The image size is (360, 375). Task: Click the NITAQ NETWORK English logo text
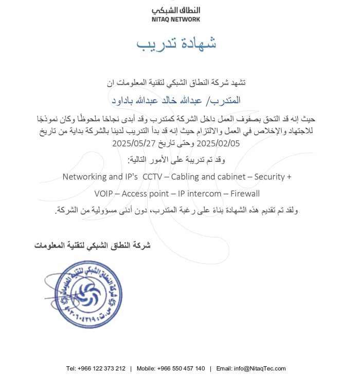[x=176, y=20]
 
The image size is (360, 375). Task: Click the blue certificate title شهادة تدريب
[x=176, y=44]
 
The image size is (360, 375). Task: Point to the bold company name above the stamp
[x=93, y=245]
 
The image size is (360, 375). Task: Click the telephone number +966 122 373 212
[x=102, y=368]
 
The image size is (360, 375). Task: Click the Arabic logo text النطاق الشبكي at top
[x=176, y=10]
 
